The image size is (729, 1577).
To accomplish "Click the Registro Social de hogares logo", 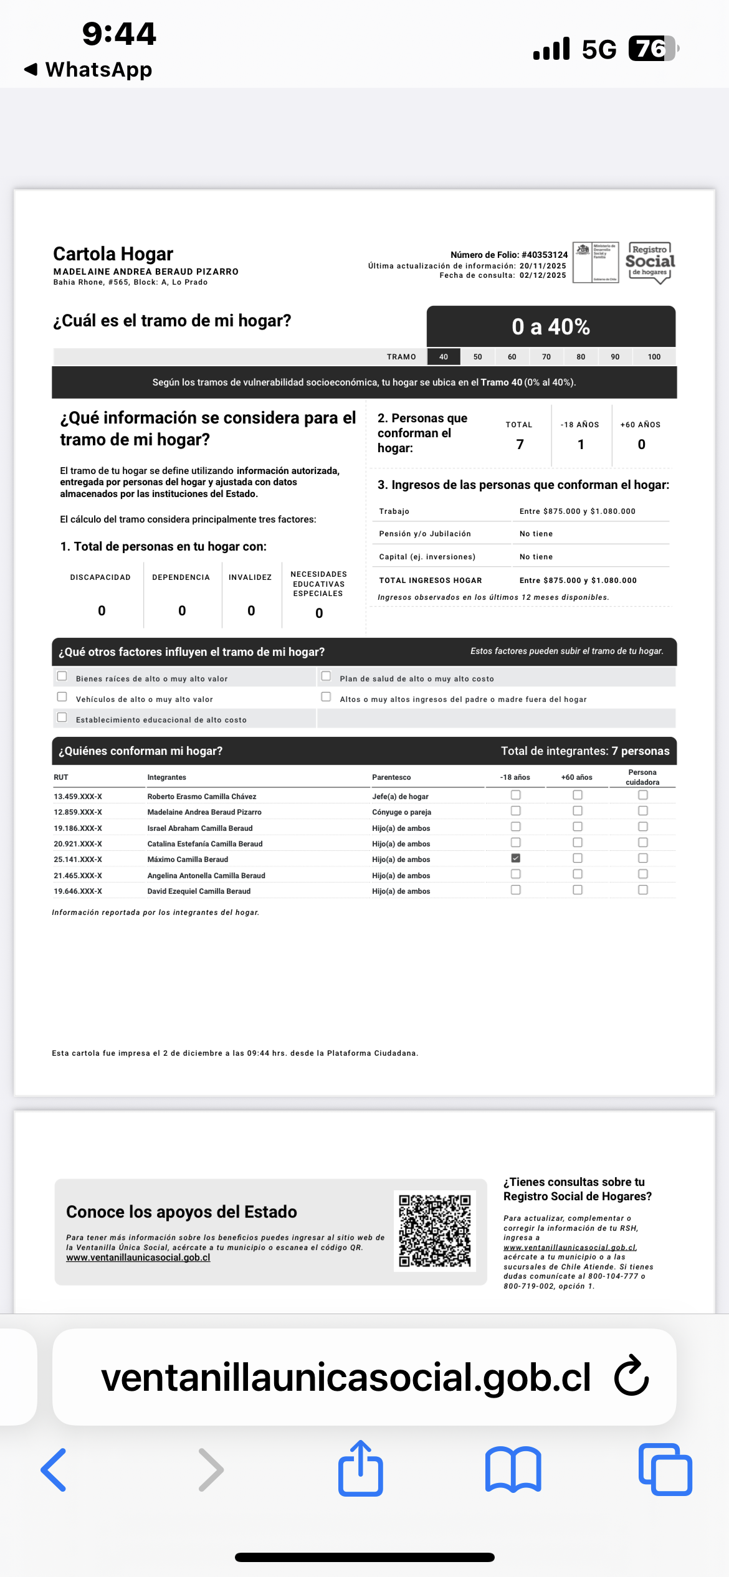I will tap(650, 262).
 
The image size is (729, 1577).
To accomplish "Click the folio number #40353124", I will tap(545, 255).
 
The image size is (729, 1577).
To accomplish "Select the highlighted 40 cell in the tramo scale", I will tap(444, 357).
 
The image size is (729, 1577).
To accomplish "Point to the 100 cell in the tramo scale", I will tap(654, 357).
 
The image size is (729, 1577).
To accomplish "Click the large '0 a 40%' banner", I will tap(551, 326).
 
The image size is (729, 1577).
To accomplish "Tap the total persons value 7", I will tap(520, 444).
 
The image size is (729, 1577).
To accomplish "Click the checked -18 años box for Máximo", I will tap(515, 858).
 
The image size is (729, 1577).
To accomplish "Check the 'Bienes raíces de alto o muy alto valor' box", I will tap(62, 676).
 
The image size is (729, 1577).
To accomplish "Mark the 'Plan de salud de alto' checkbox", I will tap(326, 676).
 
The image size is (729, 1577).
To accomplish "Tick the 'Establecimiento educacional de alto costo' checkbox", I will tap(62, 717).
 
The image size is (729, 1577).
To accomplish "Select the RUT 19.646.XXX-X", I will tap(78, 891).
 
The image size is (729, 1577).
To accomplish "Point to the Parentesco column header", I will tap(391, 777).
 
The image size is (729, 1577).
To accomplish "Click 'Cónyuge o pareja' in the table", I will tap(401, 812).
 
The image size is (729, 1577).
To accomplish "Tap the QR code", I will tap(435, 1231).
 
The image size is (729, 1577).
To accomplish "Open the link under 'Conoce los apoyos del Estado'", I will tap(138, 1257).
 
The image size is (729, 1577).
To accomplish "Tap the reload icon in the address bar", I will tap(631, 1375).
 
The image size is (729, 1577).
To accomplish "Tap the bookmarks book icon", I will tap(513, 1470).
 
